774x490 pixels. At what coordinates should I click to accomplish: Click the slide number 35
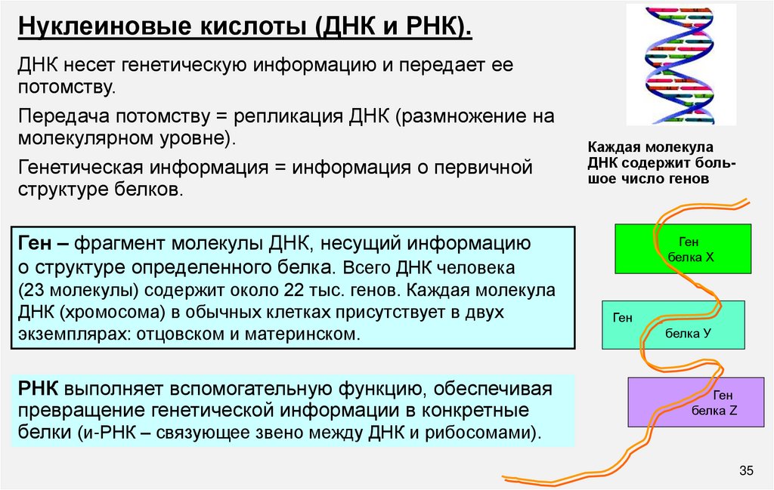coord(746,472)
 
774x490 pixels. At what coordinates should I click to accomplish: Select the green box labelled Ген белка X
coord(683,248)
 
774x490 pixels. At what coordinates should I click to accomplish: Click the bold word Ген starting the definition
coord(33,245)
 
